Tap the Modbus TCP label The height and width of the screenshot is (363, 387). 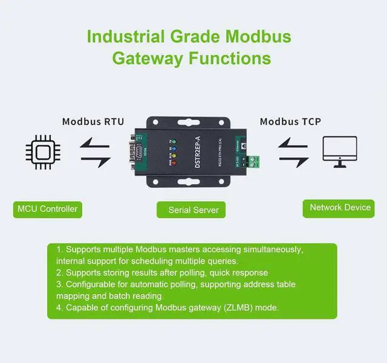coord(290,122)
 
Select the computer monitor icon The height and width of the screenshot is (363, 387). coord(339,152)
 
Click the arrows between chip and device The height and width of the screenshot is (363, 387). coord(96,152)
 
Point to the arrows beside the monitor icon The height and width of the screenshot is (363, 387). coord(293,152)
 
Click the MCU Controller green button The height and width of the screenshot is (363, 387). coord(47,209)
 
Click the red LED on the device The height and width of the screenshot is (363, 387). coord(172,162)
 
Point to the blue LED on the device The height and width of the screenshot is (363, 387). coord(172,147)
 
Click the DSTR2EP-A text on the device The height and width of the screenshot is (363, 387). coord(196,151)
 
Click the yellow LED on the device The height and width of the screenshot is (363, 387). coord(172,155)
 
